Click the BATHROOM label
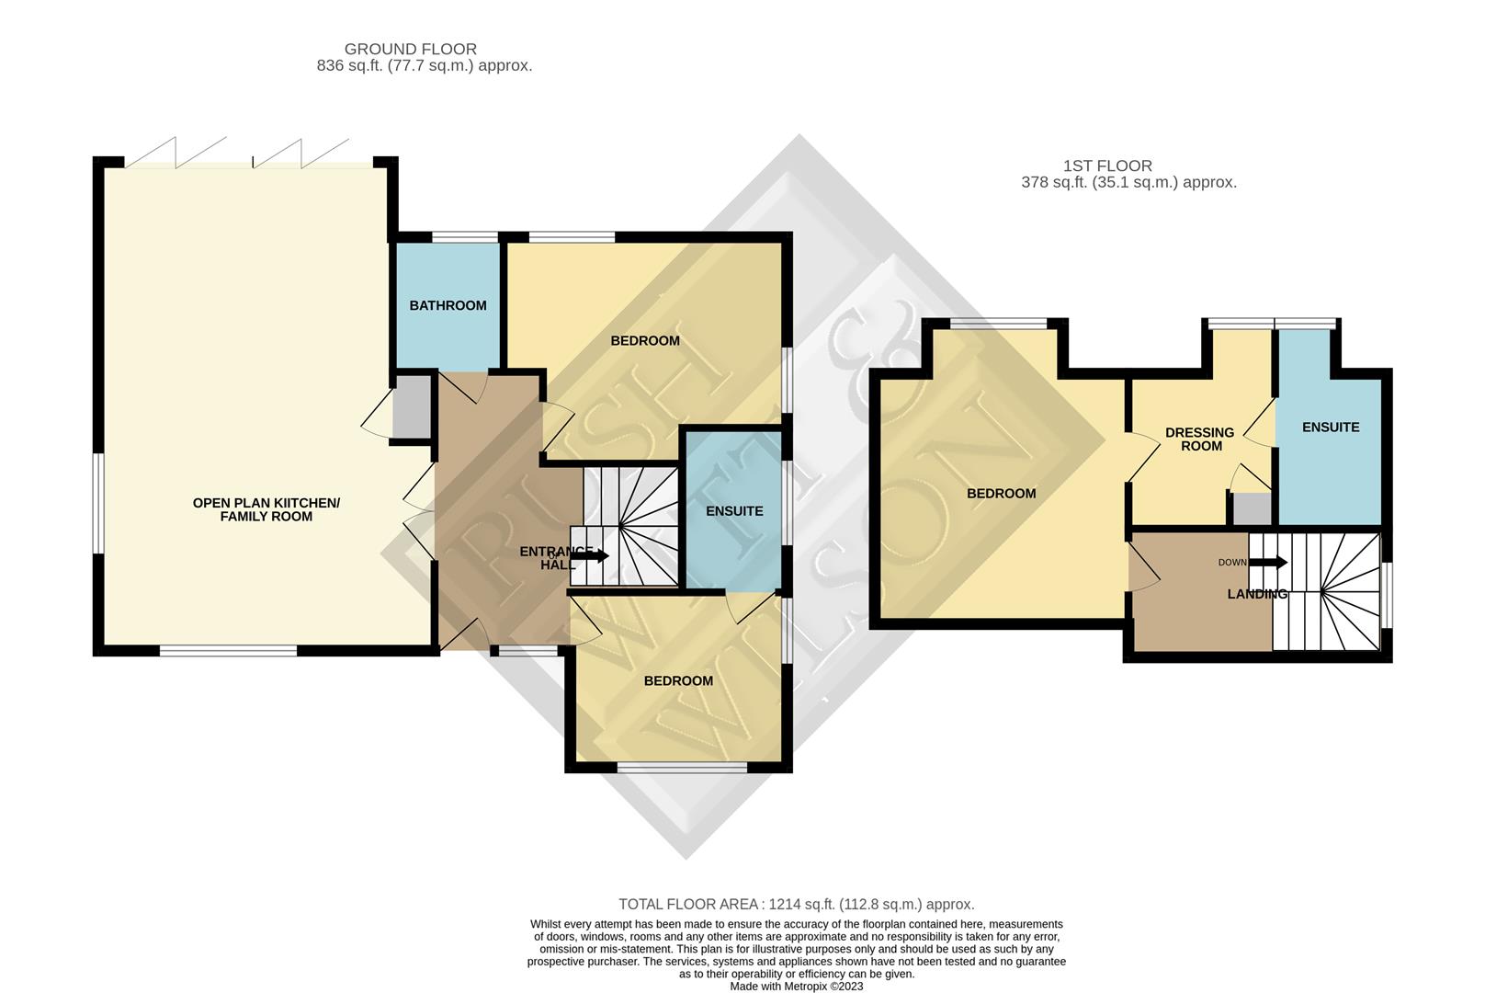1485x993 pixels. (x=448, y=305)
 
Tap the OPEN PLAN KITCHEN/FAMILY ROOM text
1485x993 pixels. (x=266, y=509)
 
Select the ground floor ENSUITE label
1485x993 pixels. (x=734, y=511)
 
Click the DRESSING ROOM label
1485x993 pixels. (x=1200, y=439)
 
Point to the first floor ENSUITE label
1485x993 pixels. (x=1330, y=427)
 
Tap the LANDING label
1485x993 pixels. (x=1256, y=594)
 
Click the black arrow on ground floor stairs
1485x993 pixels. (x=590, y=555)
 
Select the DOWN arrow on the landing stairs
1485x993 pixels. (x=1269, y=563)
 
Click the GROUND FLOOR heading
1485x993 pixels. (x=410, y=49)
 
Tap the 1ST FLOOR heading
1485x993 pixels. (x=1106, y=165)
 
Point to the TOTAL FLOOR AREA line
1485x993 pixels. (x=796, y=904)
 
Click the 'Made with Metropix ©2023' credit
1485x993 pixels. (x=796, y=987)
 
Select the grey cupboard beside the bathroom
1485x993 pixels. (x=411, y=406)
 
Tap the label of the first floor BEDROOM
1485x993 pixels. (x=1001, y=494)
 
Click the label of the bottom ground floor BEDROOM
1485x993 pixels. (x=678, y=680)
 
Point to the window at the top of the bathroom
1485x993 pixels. (x=465, y=238)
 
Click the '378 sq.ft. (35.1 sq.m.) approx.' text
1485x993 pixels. (x=1128, y=182)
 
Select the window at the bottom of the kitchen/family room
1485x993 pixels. (x=228, y=651)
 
